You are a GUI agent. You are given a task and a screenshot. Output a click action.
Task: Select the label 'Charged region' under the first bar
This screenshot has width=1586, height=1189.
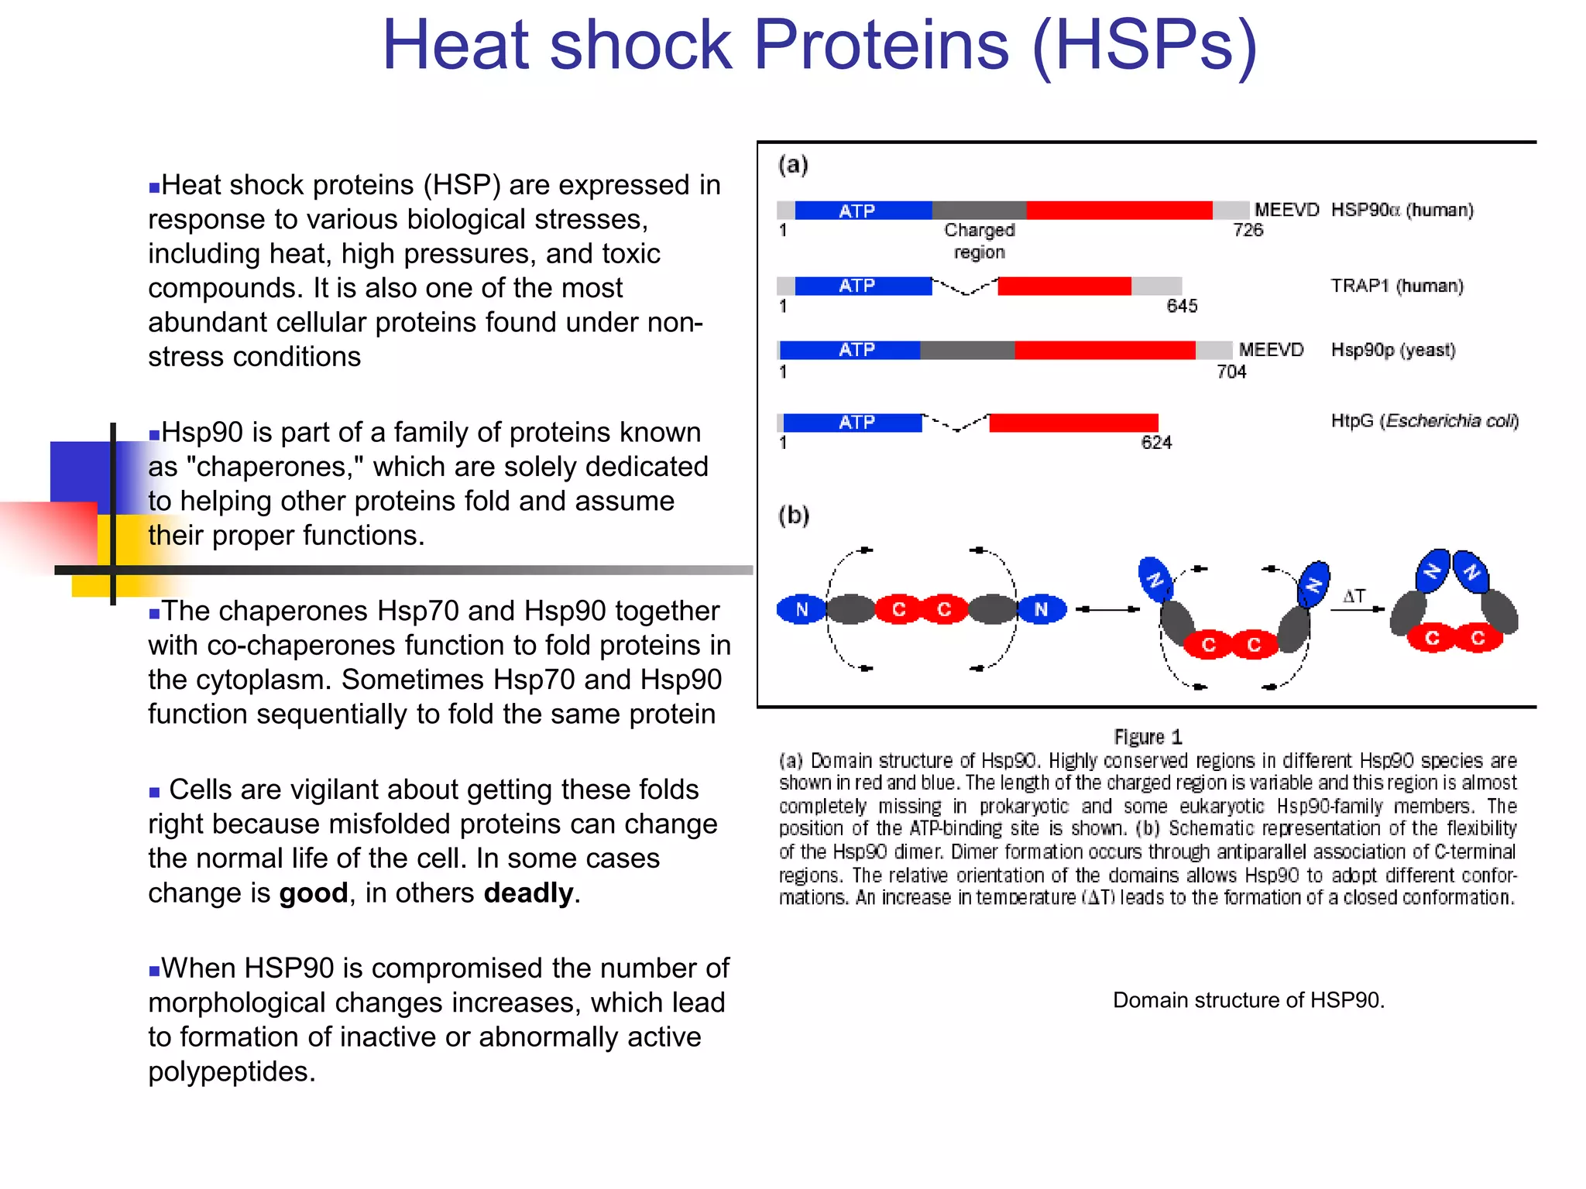[979, 241]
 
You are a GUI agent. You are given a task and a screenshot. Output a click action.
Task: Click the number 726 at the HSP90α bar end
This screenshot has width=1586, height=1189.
[1248, 230]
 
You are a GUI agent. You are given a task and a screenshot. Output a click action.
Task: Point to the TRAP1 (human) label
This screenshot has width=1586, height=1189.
[1396, 286]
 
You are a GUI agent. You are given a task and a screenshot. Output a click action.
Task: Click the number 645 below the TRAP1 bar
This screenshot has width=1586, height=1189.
[1182, 306]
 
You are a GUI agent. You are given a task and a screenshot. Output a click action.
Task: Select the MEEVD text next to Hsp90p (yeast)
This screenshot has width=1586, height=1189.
[1271, 350]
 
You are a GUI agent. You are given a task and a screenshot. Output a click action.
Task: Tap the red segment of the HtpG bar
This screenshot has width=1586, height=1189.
[1073, 423]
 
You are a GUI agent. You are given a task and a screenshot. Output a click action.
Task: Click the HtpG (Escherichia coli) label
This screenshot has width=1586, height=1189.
[1424, 420]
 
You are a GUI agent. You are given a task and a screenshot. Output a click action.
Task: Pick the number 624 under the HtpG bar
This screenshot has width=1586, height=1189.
[1156, 443]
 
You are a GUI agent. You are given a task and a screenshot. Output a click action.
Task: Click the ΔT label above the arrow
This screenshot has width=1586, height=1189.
[1354, 596]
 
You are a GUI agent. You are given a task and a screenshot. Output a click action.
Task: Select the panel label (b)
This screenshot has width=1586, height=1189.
[794, 516]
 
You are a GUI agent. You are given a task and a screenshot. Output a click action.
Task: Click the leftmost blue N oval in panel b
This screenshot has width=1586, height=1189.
[802, 609]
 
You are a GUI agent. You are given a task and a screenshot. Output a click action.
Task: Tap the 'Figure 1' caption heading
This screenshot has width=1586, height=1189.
[1148, 736]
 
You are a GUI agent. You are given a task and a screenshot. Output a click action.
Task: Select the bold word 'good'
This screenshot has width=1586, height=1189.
[313, 893]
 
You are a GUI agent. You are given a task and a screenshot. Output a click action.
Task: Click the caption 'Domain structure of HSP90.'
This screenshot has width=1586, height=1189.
[1248, 1000]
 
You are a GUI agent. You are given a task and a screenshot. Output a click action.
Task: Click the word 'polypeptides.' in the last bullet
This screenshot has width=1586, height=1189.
[232, 1071]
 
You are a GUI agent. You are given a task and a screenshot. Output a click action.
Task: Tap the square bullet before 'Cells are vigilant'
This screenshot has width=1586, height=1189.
[154, 792]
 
